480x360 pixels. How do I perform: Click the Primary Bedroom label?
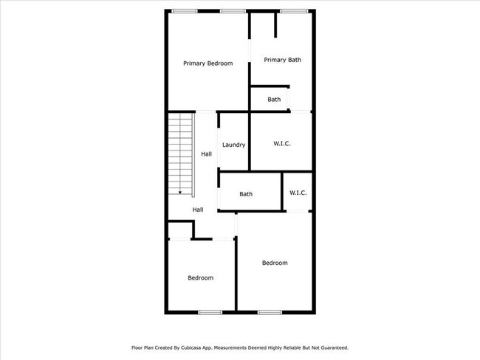pos(208,63)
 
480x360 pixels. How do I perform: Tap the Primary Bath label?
pos(282,60)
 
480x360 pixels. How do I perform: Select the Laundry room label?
pos(233,145)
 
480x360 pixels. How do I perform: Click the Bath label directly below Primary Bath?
pos(274,99)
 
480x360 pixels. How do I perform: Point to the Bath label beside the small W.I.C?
pos(246,194)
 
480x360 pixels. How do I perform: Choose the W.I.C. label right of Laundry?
pos(281,144)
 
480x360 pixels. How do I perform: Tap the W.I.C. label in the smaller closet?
pos(298,193)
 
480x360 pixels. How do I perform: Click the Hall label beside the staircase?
pos(207,154)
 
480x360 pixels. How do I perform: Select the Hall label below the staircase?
pos(198,210)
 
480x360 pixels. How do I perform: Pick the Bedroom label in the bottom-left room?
pos(200,277)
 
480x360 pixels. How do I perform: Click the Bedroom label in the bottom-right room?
pos(275,263)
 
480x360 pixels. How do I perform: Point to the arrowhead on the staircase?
pos(180,193)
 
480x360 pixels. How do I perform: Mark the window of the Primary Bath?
pos(294,10)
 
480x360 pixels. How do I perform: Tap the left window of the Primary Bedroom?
pos(185,10)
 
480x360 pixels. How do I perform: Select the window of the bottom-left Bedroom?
pos(210,312)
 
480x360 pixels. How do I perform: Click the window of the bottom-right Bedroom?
pos(270,312)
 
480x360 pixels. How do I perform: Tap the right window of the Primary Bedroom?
pos(233,10)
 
